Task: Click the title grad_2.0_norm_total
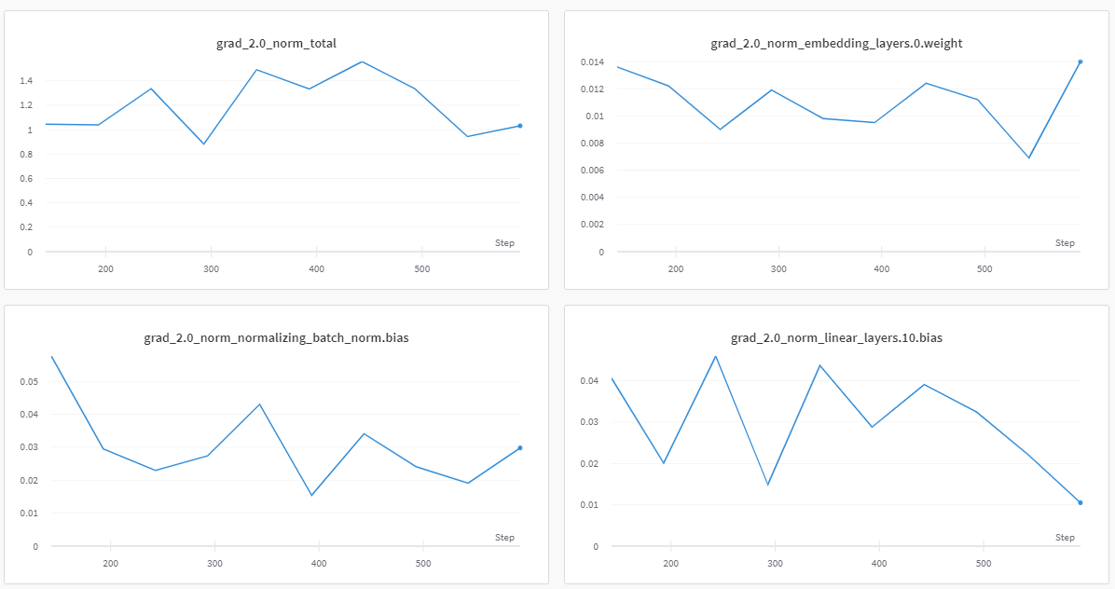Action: (x=276, y=43)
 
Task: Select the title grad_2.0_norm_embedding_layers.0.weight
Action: (x=836, y=43)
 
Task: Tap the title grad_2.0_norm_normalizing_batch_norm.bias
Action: (x=276, y=337)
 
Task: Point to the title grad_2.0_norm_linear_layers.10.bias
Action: (x=836, y=337)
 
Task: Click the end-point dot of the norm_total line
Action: (x=519, y=126)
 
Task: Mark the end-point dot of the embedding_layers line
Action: (x=1080, y=62)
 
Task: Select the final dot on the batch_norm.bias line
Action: (x=519, y=448)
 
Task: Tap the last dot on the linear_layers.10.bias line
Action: (x=1080, y=503)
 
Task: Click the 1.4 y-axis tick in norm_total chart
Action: (x=26, y=81)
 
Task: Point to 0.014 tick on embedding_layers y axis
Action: (x=590, y=62)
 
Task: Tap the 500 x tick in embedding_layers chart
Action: (x=984, y=269)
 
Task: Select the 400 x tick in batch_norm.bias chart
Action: (x=319, y=564)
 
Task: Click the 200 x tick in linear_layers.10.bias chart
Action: (x=669, y=564)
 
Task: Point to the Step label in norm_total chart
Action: (x=504, y=243)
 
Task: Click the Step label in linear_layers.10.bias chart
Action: (x=1065, y=538)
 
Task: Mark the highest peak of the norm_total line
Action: (x=361, y=62)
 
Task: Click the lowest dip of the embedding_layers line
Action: (x=1029, y=158)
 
